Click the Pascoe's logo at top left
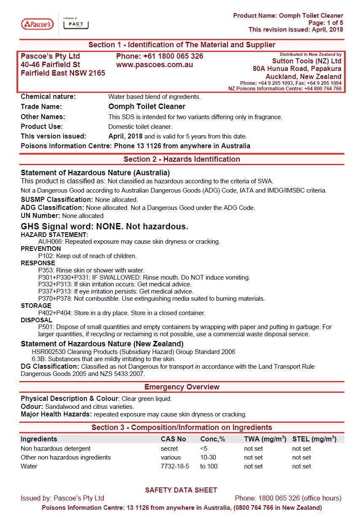[37, 24]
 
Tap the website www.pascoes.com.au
[154, 65]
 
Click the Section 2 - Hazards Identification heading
[181, 159]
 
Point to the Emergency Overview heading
[181, 387]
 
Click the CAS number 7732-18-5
[175, 466]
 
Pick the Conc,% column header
[213, 439]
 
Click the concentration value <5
[204, 449]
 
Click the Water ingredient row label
[29, 466]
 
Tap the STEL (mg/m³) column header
[314, 439]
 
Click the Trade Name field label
[41, 107]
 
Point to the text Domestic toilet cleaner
[140, 126]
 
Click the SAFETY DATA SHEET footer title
[181, 490]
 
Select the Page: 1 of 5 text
[325, 23]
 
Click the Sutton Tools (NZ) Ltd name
[306, 61]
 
